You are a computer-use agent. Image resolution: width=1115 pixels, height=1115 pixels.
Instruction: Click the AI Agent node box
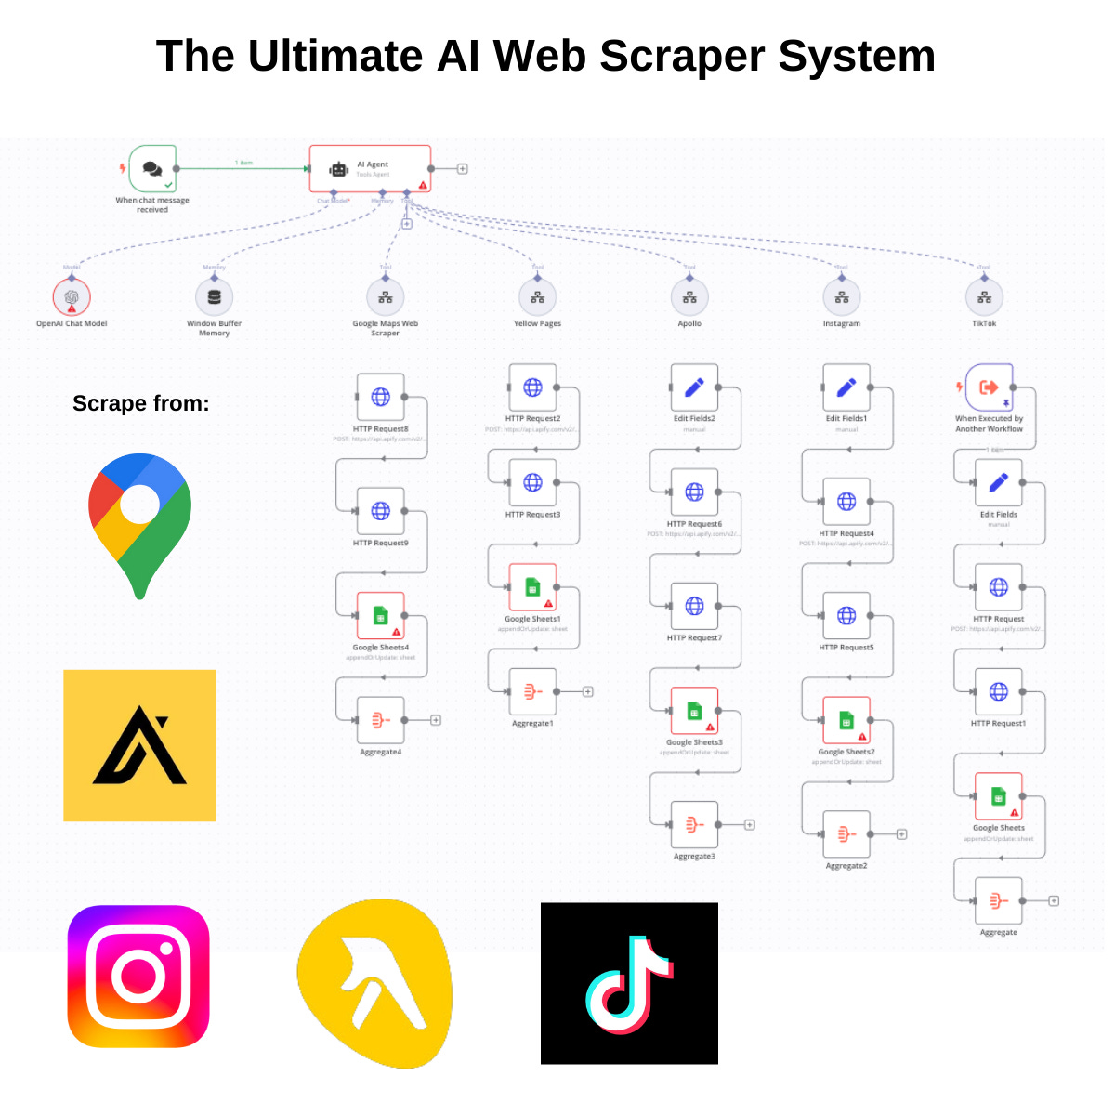370,169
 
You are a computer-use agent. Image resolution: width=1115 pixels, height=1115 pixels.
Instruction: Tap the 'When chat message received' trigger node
153,169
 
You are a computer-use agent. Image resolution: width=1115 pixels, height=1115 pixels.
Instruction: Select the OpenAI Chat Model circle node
72,297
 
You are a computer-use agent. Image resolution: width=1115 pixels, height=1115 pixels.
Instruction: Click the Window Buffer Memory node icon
214,297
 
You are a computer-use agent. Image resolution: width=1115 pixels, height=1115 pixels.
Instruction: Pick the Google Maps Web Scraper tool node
386,297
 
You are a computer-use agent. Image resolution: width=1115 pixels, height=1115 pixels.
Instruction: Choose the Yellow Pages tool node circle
537,297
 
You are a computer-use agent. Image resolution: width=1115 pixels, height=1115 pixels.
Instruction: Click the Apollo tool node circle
689,297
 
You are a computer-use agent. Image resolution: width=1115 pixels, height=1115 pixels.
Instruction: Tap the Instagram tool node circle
842,297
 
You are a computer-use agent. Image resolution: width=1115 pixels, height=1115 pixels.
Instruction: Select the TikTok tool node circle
984,297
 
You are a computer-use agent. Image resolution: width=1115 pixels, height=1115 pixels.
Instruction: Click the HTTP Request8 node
381,397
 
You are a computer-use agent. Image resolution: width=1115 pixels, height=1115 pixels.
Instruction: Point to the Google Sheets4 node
381,615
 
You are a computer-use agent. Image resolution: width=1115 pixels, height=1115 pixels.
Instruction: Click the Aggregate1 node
532,691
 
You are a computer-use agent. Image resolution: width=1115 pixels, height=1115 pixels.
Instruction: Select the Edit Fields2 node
694,387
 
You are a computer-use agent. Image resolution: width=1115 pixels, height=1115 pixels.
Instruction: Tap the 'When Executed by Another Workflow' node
989,387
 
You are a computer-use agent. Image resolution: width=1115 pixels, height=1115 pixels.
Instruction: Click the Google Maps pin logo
140,524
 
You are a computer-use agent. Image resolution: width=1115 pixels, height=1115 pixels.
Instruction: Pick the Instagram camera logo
138,977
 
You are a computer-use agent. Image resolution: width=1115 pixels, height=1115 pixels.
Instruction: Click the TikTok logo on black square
629,983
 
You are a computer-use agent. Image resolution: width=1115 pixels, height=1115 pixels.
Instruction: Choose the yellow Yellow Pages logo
374,983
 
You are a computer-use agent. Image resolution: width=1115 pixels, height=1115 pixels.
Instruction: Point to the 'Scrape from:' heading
141,403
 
